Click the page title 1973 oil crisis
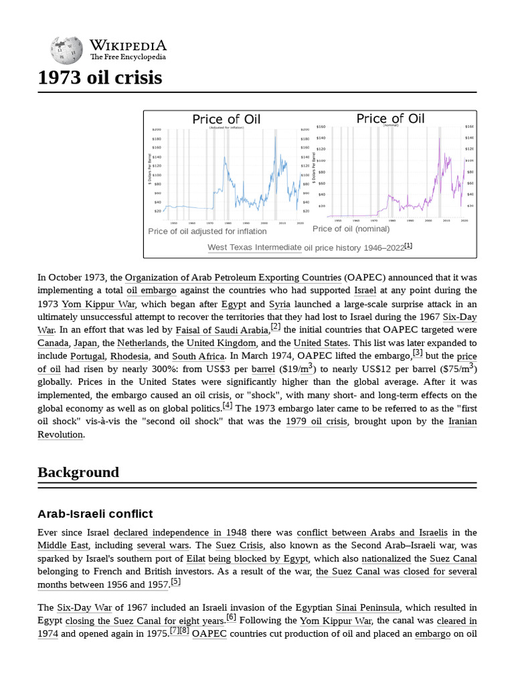[100, 78]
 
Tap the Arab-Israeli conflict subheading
[95, 514]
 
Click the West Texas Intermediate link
[254, 248]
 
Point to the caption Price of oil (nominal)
[351, 229]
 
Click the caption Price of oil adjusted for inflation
[207, 231]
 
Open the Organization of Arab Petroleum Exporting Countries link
[233, 278]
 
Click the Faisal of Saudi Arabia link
[222, 330]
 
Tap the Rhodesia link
[130, 357]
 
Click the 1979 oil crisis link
[318, 421]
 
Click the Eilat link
[195, 559]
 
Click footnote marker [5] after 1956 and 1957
[175, 582]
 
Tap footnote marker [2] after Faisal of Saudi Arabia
[275, 326]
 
